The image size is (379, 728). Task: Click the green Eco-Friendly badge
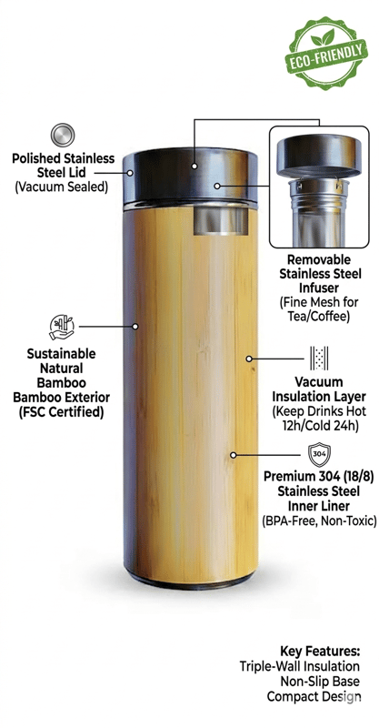click(325, 53)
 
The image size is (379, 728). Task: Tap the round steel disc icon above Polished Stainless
click(63, 135)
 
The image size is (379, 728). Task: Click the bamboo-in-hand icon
click(62, 327)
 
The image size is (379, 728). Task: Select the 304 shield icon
click(319, 454)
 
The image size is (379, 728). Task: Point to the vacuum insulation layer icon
click(319, 358)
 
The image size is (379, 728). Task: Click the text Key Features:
click(320, 651)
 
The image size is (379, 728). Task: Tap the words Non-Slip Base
click(320, 681)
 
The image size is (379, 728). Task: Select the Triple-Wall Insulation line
click(300, 666)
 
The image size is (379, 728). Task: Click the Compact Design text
click(314, 696)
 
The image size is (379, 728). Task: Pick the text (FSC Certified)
click(61, 412)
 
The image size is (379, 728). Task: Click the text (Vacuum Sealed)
click(62, 187)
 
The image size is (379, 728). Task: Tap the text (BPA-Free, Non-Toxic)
click(319, 520)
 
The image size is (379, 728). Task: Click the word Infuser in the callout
click(320, 288)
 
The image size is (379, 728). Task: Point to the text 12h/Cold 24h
click(319, 425)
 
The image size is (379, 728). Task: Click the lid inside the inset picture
click(319, 155)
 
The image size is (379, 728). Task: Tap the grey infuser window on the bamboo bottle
click(220, 220)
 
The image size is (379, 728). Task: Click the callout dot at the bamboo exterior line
click(135, 327)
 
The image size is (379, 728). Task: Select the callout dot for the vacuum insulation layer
click(249, 359)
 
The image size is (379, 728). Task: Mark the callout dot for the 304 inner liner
click(234, 455)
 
